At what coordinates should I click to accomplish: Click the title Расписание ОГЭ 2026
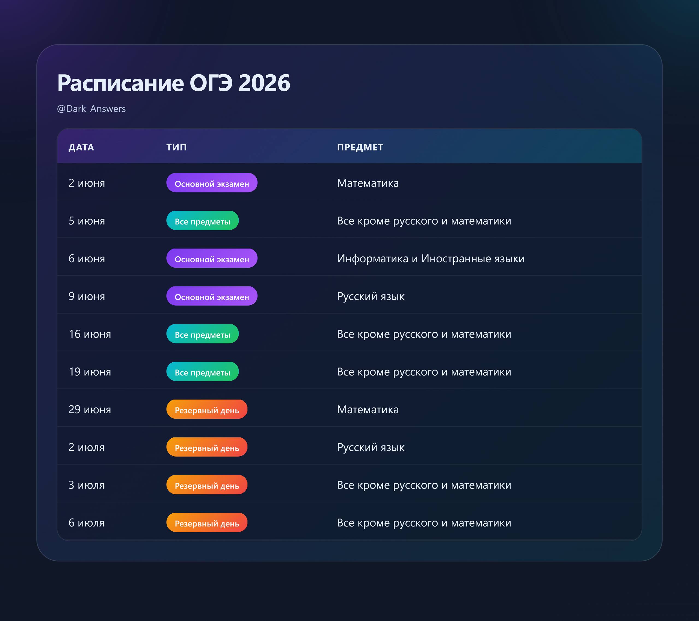174,83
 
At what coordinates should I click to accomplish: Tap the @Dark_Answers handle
91,109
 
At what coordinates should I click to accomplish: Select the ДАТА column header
81,147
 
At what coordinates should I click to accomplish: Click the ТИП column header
176,147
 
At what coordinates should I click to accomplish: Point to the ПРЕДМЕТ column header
360,147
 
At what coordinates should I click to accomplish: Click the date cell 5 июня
87,221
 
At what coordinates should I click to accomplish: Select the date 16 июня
90,334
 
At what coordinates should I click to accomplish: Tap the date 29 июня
90,409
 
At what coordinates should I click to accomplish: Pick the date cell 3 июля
87,485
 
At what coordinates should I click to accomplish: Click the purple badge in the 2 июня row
212,183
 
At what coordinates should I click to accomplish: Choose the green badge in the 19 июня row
202,372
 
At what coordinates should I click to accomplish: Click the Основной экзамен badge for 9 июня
212,296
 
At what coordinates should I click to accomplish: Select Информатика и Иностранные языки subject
431,259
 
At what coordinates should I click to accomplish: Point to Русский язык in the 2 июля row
371,447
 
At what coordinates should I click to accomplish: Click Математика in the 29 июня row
368,409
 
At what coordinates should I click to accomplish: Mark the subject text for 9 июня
371,296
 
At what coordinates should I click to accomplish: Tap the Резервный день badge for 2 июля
207,447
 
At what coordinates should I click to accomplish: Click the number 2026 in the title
264,83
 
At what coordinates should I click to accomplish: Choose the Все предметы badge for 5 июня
202,221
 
